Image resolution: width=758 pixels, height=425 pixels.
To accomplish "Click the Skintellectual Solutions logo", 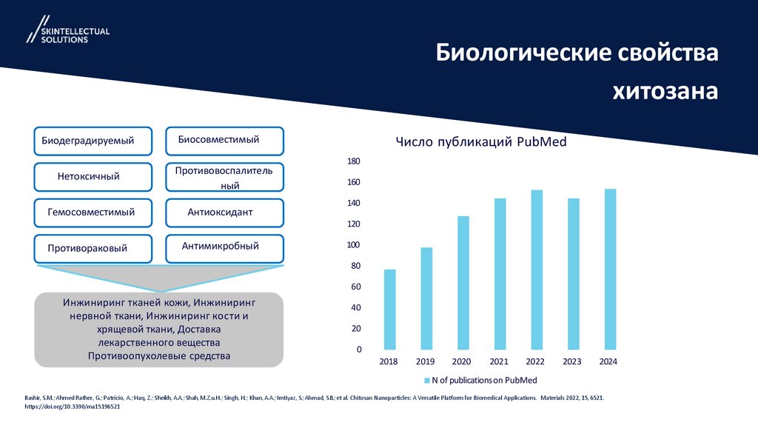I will [x=67, y=30].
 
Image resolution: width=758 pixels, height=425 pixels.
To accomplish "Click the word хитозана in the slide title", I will [x=665, y=91].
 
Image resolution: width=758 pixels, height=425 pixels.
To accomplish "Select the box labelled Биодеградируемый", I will [x=93, y=141].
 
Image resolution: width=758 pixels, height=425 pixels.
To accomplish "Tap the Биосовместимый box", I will [x=224, y=139].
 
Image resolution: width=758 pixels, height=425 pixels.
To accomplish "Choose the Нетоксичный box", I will [x=93, y=176].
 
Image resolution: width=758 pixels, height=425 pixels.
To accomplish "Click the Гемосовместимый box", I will [x=93, y=212].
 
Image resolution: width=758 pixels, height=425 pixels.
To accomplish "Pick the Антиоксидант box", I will [x=224, y=212].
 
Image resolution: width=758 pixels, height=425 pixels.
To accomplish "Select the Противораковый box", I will [x=93, y=248].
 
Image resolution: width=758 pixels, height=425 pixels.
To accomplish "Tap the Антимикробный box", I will [x=224, y=247].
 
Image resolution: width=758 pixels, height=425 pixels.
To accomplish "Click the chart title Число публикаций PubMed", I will [x=480, y=142].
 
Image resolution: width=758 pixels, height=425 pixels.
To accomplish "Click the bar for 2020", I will [x=463, y=282].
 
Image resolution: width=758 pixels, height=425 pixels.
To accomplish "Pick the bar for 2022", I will [x=536, y=270].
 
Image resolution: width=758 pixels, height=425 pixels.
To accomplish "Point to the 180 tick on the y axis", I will [x=353, y=161].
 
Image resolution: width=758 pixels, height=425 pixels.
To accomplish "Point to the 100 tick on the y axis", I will [x=353, y=245].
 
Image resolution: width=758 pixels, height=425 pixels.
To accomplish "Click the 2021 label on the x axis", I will [x=499, y=361].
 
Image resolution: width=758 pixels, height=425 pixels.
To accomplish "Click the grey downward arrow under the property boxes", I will [x=158, y=278].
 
